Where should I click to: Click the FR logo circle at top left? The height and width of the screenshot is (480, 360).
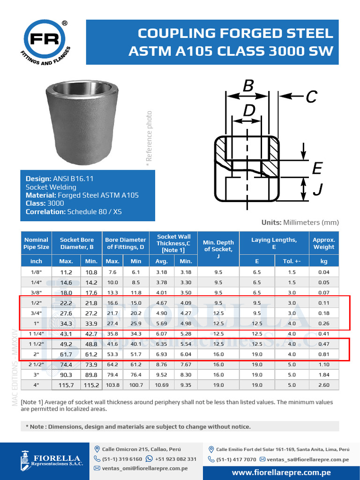point(45,39)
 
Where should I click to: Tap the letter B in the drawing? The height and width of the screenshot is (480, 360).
point(248,86)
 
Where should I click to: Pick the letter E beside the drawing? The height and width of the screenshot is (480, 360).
point(317,168)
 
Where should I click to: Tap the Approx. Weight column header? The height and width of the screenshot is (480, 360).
point(324,243)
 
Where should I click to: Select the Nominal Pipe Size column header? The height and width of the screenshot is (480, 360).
point(36,243)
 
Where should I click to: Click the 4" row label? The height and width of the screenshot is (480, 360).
point(36,385)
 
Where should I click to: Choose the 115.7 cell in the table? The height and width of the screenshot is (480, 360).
point(66,385)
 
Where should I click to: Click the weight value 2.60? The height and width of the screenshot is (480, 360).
point(324,385)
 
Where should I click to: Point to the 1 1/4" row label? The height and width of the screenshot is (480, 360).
point(36,334)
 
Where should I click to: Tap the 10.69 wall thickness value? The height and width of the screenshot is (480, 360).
point(162,385)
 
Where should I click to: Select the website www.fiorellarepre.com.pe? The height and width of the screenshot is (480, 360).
point(281,472)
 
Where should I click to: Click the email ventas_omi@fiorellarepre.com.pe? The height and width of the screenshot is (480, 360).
point(145,468)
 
